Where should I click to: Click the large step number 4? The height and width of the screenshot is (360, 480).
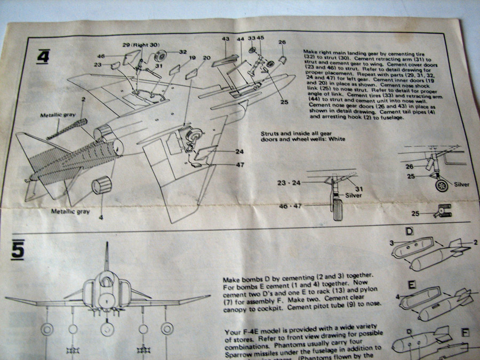43,55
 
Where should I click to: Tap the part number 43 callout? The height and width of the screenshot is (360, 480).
226,39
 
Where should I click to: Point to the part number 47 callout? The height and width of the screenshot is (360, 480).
241,165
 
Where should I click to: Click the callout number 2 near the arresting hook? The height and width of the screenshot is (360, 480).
83,100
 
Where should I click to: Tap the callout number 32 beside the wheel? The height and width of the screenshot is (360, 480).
182,52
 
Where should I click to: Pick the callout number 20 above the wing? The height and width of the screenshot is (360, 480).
207,58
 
